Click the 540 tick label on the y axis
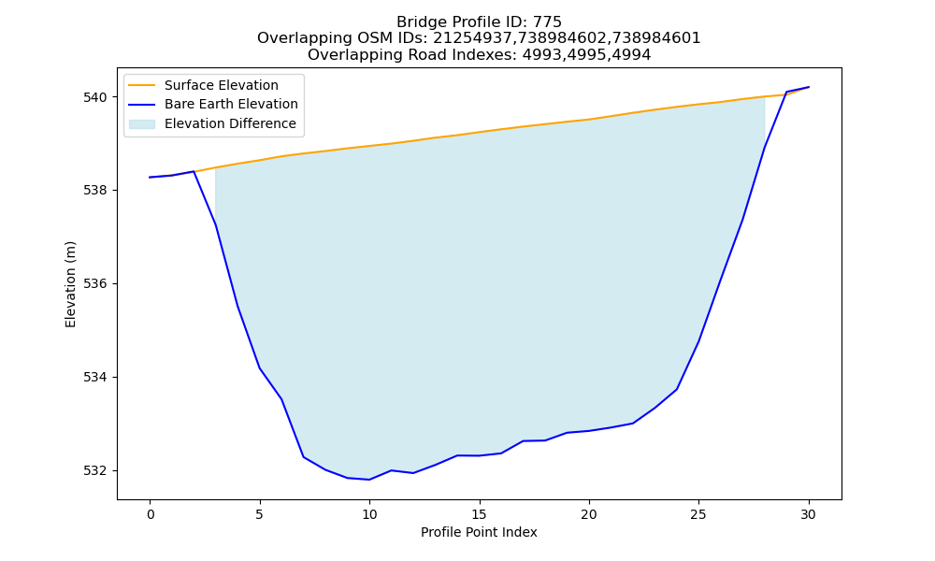[95, 97]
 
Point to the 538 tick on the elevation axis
[95, 191]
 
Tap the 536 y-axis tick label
[95, 284]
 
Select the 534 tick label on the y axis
[95, 378]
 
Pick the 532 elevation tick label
[95, 471]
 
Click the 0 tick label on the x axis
[151, 514]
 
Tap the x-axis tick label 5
[260, 514]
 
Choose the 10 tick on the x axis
[369, 514]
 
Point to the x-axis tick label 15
[480, 514]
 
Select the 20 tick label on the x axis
[589, 514]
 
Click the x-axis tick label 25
[698, 514]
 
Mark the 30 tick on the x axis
[808, 514]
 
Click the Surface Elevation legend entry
[222, 85]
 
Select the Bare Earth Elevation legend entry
[231, 105]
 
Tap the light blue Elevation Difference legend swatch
[142, 124]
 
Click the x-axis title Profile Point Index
[479, 532]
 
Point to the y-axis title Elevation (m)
[70, 284]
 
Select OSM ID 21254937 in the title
[472, 38]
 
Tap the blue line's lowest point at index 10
[369, 480]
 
